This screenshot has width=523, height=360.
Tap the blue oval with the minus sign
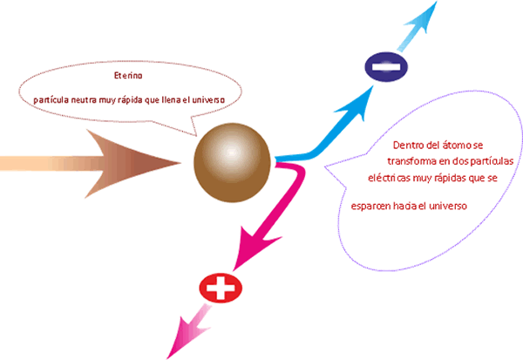[x=385, y=67]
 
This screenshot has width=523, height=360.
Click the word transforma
[x=404, y=161]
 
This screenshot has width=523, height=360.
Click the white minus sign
[x=385, y=67]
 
